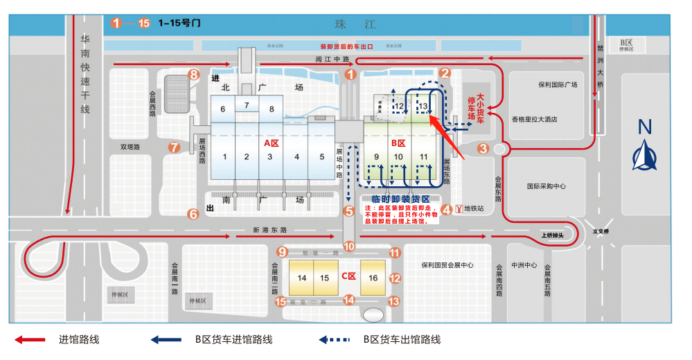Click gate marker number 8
tap(194, 74)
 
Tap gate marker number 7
tap(175, 147)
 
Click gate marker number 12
tap(395, 278)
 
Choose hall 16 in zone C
tap(373, 278)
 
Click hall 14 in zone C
tap(302, 278)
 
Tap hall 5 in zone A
tap(322, 156)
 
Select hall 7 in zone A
tap(247, 105)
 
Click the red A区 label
tap(271, 143)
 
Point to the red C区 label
tap(348, 276)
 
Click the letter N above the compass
tap(646, 127)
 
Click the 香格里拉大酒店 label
tap(535, 119)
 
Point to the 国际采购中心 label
tap(547, 186)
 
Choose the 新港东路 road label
tap(270, 230)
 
